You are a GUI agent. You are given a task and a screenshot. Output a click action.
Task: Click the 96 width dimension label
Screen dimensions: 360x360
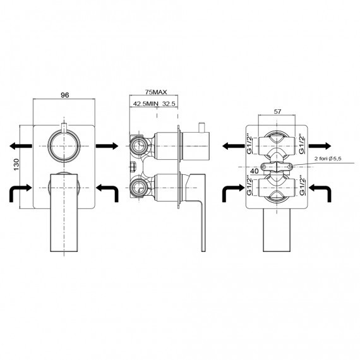coord(65,95)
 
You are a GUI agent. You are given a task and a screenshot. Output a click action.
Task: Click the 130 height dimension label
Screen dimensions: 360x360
coord(17,164)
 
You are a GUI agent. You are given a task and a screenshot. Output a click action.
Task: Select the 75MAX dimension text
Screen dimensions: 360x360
coord(156,92)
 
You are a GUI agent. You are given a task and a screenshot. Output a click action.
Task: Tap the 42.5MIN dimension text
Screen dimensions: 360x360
coord(146,104)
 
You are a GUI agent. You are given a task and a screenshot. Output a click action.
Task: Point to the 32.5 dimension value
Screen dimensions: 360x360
coord(169,104)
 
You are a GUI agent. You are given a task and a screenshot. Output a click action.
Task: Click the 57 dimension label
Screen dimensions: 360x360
coord(277,112)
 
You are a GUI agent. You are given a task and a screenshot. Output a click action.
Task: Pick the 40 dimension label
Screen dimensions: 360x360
coord(255,171)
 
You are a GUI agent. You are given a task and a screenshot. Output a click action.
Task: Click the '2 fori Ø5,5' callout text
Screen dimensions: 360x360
coord(328,159)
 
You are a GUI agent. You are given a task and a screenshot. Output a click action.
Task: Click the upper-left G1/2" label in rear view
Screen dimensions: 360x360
coord(249,145)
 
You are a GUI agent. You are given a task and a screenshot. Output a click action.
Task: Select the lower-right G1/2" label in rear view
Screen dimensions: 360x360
coord(303,186)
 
